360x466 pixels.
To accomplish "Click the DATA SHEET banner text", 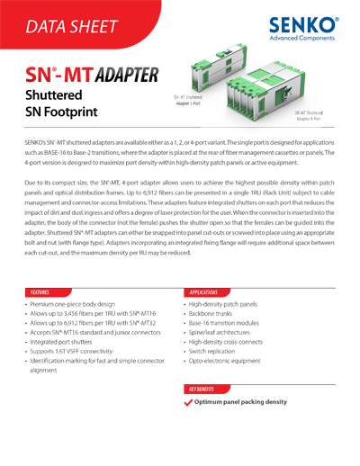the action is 73,28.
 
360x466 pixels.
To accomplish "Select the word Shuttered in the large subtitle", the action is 54,94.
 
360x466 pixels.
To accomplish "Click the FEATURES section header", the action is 40,292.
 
